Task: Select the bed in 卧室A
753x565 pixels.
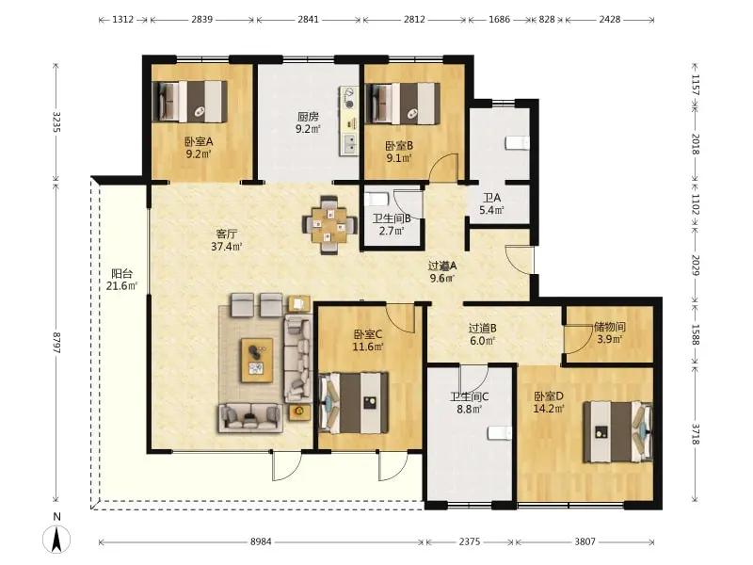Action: click(x=190, y=102)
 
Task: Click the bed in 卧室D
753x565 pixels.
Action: click(x=618, y=432)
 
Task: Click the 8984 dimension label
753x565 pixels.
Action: click(x=261, y=541)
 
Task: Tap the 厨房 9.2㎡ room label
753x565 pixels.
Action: click(x=309, y=122)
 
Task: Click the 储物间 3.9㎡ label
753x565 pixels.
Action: click(x=609, y=333)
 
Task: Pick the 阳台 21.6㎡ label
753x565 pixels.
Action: click(x=121, y=280)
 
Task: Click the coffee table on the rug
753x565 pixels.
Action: click(x=257, y=361)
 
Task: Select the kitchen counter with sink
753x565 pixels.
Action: click(x=349, y=121)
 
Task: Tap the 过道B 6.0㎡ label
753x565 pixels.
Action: click(x=482, y=334)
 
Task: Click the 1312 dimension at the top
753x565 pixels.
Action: click(x=123, y=19)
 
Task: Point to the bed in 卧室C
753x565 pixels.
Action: click(x=354, y=402)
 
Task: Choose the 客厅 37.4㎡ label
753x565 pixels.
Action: click(x=226, y=240)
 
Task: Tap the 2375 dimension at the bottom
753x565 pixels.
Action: click(x=469, y=541)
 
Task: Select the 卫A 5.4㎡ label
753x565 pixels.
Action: click(x=491, y=203)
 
